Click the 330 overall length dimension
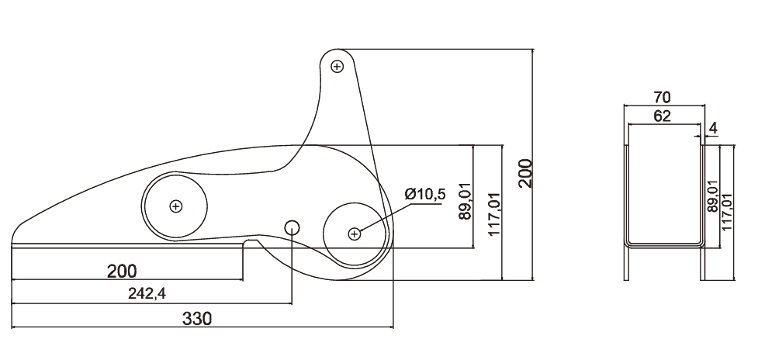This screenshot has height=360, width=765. click(197, 317)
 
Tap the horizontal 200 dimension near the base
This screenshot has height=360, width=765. click(122, 271)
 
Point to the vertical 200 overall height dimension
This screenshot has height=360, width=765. click(525, 174)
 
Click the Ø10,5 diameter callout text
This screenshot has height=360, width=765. click(424, 194)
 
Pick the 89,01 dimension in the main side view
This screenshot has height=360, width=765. click(465, 201)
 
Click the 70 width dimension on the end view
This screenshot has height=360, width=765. click(662, 97)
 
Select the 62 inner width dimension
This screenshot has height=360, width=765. click(662, 117)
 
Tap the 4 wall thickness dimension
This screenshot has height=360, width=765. click(713, 127)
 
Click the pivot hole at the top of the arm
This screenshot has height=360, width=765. click(337, 66)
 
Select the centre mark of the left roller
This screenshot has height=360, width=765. click(176, 206)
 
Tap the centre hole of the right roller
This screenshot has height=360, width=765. click(354, 232)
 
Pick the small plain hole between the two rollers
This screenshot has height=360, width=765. click(292, 227)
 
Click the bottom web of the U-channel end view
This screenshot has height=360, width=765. click(664, 244)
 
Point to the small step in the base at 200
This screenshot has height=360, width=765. click(246, 244)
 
